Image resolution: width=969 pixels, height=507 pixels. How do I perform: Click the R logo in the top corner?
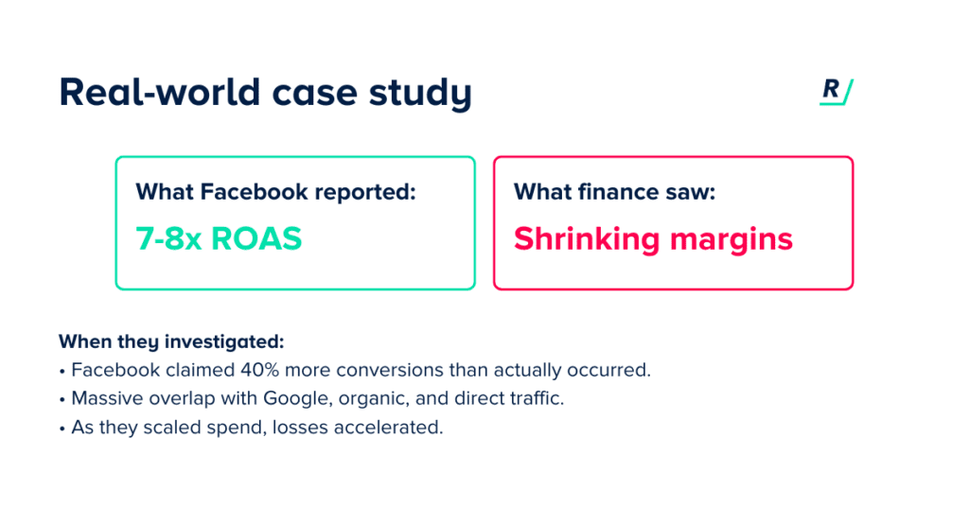837,92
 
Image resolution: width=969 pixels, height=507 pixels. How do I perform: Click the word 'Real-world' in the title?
160,92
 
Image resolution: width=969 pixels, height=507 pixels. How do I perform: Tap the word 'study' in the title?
420,94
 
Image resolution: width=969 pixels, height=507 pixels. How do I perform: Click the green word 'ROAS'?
256,238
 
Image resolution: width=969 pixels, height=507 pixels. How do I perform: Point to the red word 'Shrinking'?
587,239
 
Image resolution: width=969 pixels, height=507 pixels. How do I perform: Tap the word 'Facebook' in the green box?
254,191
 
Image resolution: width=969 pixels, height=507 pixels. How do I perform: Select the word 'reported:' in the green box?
365,193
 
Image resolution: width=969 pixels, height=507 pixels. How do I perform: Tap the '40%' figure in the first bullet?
259,370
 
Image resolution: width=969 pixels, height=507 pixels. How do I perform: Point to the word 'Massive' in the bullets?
105,398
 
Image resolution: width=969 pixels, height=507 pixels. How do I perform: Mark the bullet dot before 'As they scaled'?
62,428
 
